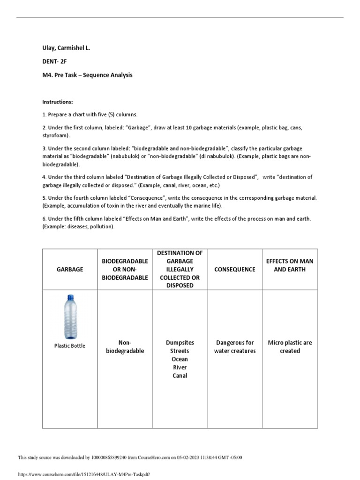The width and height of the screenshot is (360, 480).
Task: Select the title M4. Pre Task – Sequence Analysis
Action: coord(87,75)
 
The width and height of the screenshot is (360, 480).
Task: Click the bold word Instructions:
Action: coord(58,102)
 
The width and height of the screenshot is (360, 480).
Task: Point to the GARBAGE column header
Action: coord(70,270)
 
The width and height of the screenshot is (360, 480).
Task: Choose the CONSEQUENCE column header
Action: coord(235,270)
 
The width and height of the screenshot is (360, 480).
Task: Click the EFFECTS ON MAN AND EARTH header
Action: coord(290,265)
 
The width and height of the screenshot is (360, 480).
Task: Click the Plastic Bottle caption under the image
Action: coord(70,346)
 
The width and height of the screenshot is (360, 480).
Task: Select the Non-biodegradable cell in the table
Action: coord(124,347)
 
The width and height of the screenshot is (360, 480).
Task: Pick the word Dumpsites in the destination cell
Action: coord(180,343)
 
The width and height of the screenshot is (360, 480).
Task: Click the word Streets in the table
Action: coord(180,351)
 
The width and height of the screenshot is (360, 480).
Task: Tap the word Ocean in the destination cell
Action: coord(180,359)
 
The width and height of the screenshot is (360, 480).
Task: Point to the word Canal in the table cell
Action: coord(180,375)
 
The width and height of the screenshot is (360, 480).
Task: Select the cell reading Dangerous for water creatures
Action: coord(235,347)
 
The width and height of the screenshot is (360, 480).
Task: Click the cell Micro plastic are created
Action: coord(290,347)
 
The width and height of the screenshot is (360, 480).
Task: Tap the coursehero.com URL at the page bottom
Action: coord(83,474)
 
